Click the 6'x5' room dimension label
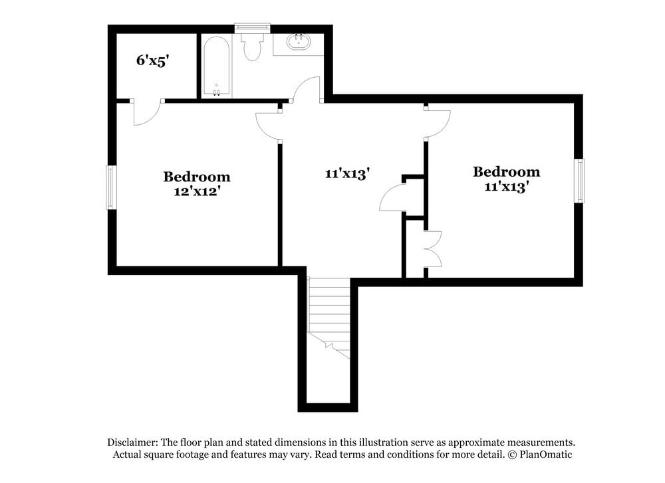pyautogui.click(x=153, y=60)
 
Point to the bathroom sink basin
pyautogui.click(x=298, y=42)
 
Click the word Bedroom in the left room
pyautogui.click(x=197, y=177)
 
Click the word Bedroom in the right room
pyautogui.click(x=506, y=172)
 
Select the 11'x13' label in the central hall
pyautogui.click(x=347, y=173)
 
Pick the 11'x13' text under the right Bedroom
pyautogui.click(x=506, y=187)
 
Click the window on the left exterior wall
pyautogui.click(x=111, y=187)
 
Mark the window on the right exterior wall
pyautogui.click(x=580, y=181)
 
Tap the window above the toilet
pyautogui.click(x=252, y=27)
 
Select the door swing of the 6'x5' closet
pyautogui.click(x=146, y=112)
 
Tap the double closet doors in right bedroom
pyautogui.click(x=432, y=248)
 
